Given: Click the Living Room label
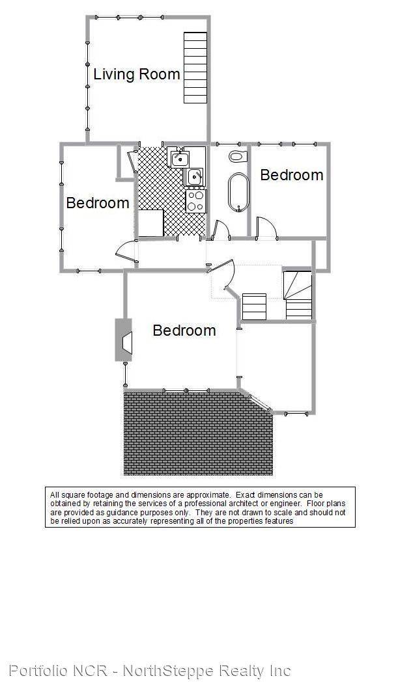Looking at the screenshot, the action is click(137, 74).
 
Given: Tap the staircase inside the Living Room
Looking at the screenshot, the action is click(195, 68).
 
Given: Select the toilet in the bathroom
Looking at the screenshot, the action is click(238, 156).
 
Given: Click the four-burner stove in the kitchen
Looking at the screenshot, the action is click(195, 201).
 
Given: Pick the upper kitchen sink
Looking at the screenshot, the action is click(179, 158).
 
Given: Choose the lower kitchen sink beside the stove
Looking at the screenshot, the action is click(195, 176).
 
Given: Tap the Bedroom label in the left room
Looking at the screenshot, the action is click(97, 203).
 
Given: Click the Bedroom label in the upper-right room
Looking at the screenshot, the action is click(292, 175).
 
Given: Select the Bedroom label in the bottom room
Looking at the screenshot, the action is click(184, 330).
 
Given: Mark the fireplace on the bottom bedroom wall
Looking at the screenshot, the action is click(124, 340).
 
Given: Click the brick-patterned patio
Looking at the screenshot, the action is click(198, 433).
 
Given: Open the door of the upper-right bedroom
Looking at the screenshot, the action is click(266, 228).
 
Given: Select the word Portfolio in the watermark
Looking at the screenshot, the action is click(38, 670).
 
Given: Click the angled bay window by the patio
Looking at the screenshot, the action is click(259, 403).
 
